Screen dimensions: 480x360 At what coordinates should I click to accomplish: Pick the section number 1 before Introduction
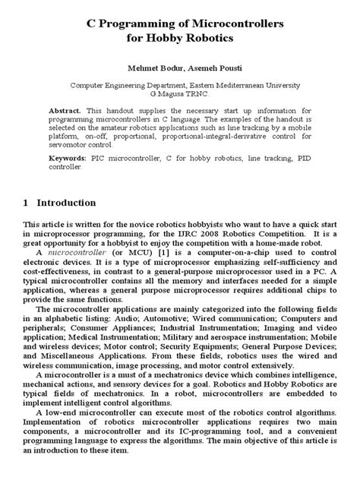point(26,204)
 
